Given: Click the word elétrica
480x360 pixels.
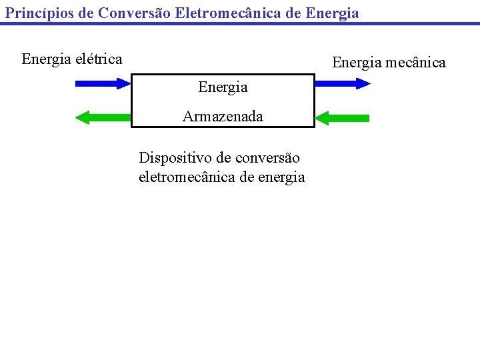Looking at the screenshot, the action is coord(99,59).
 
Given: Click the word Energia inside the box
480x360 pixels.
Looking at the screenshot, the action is coord(223,87).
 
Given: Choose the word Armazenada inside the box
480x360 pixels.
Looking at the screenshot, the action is coord(223,117).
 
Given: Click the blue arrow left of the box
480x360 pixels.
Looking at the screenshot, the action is coord(103,83).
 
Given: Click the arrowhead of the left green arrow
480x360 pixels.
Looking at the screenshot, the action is coord(83,118).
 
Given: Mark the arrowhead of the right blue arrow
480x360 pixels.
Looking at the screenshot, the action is coord(362,83).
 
